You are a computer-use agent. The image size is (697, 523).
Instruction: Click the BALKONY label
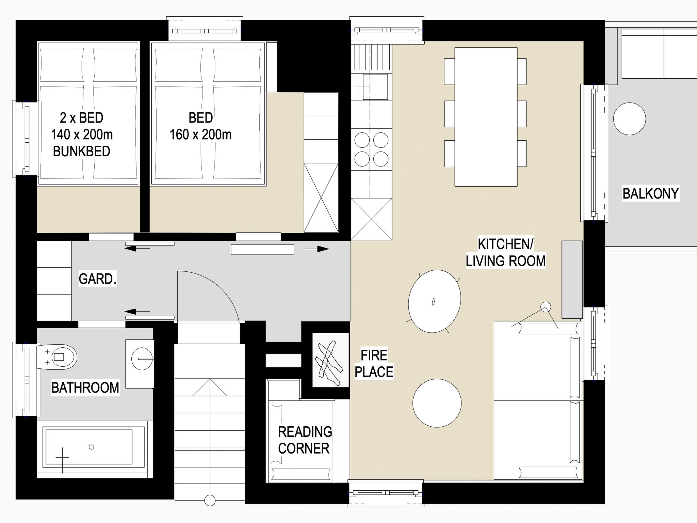tap(650, 193)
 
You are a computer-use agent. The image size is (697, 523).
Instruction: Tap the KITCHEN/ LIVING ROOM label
tap(505, 253)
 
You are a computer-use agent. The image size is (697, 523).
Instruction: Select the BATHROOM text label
tap(85, 387)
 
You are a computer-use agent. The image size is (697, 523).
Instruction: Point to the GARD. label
tap(98, 279)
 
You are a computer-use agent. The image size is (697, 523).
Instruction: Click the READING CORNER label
tap(305, 440)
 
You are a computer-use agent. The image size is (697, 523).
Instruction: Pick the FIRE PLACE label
tap(374, 364)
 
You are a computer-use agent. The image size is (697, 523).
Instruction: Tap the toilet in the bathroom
tap(56, 357)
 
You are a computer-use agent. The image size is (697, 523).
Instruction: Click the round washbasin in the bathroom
tap(142, 359)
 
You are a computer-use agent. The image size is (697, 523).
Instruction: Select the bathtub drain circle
tap(91, 447)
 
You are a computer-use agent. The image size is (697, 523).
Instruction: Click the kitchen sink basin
tap(375, 87)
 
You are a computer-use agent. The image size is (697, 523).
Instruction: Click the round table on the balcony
tap(629, 119)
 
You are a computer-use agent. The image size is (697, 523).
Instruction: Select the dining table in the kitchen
tap(486, 117)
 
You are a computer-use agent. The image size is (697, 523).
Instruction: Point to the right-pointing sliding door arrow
tap(316, 249)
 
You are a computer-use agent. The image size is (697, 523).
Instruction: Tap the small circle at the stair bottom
tap(210, 501)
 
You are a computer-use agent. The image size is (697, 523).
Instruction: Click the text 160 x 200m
tap(200, 134)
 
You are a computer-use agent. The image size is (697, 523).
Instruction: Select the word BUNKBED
tap(82, 151)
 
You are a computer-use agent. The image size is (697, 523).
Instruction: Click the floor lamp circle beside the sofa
tap(546, 307)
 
